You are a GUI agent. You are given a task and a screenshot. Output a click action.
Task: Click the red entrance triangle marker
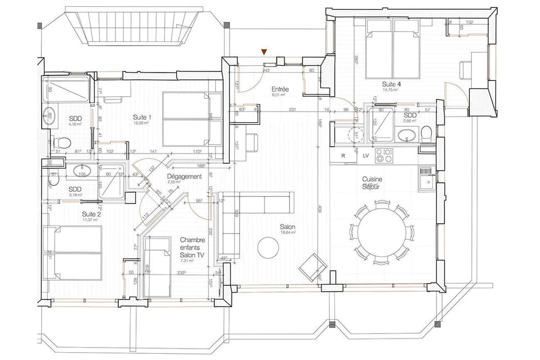click(264, 52)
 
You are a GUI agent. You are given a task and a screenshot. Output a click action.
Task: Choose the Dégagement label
click(184, 177)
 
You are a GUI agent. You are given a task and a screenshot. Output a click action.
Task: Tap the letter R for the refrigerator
click(343, 156)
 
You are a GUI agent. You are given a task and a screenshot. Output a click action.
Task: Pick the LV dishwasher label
click(366, 156)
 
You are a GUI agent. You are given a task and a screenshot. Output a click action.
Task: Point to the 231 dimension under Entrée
click(292, 109)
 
